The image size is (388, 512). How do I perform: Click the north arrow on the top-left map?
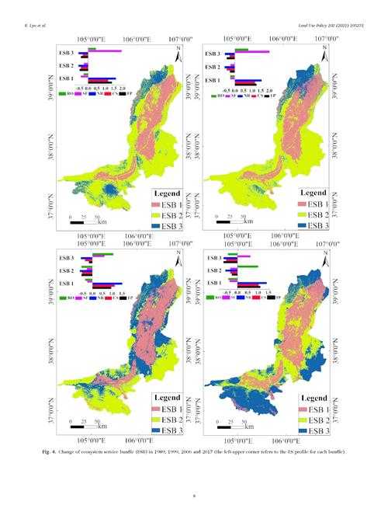[x=178, y=55]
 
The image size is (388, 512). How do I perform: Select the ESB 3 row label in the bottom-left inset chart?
[x=67, y=257]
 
